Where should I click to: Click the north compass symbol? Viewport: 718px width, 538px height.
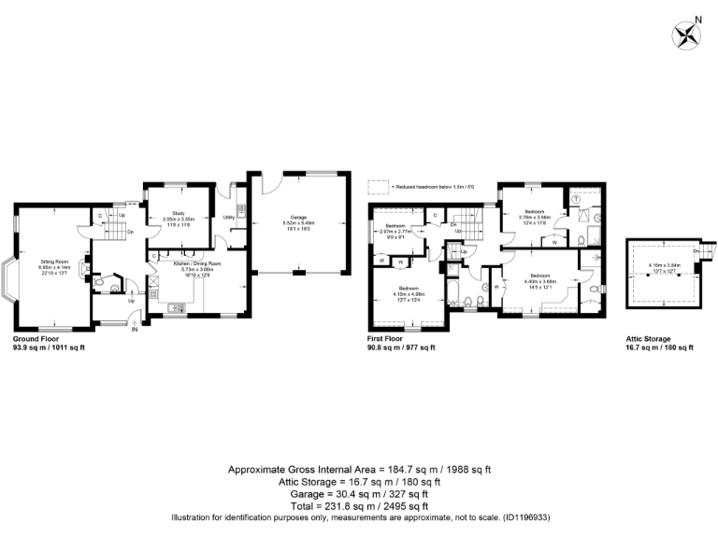pos(687,35)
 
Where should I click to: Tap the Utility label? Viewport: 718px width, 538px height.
pos(228,217)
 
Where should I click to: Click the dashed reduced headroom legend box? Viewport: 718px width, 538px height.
pos(378,185)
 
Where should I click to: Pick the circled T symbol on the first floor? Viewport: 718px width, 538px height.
pos(576,199)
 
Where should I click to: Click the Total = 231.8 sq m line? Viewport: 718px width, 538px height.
pos(358,505)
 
